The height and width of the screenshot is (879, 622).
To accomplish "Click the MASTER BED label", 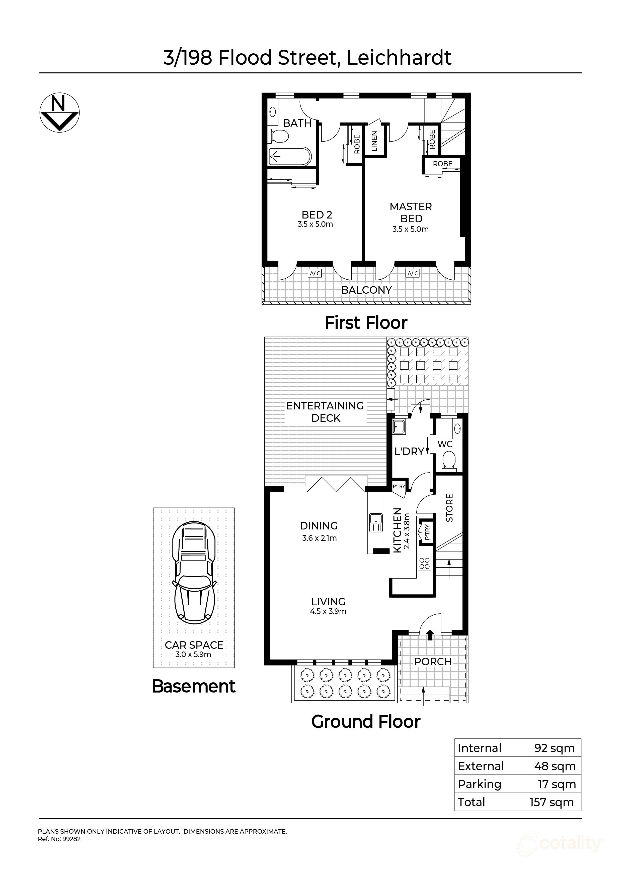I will coord(411,212).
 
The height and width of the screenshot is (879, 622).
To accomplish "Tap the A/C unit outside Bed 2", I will coord(315,273).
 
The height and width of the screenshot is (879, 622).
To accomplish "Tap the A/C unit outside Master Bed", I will coord(413,273).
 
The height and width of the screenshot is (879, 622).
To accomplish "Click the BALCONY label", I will coord(366,290).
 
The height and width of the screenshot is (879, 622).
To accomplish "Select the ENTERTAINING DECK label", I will coord(325,411).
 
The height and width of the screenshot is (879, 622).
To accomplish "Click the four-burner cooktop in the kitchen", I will coord(425,563).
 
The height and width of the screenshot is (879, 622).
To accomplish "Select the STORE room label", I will coord(449,508).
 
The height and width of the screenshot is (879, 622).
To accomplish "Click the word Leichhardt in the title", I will coord(399,58).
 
